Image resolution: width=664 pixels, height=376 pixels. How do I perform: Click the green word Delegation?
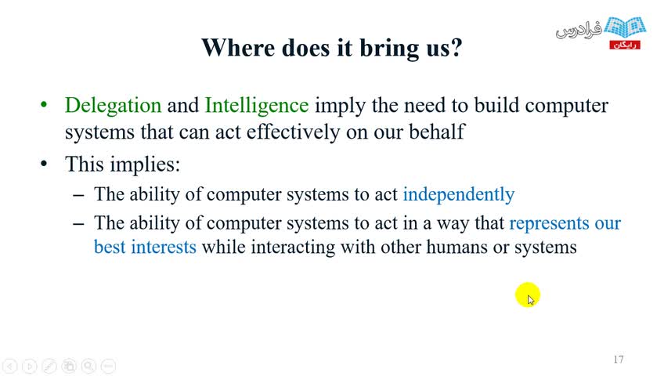pos(113,106)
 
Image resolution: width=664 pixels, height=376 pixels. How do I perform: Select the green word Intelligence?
pos(257,106)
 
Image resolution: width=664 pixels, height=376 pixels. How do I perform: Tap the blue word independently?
pos(459,195)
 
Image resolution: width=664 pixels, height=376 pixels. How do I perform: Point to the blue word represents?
pos(549,223)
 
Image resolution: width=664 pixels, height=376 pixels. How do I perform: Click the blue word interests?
pos(164,247)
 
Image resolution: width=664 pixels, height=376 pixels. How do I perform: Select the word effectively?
pos(293,132)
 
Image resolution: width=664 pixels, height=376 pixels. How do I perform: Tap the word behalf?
pos(437,132)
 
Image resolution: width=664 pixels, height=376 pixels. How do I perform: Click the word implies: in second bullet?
pos(146,165)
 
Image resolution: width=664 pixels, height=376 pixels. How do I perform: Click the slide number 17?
pos(619,360)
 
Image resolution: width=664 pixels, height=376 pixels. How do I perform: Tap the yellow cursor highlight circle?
pos(528,295)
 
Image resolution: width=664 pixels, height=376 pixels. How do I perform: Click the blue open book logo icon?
pos(625,27)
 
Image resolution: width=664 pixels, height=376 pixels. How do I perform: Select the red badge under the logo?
pos(625,45)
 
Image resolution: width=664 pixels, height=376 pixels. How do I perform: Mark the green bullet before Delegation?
pos(44,104)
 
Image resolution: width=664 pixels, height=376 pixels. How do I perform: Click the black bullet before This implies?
pos(44,164)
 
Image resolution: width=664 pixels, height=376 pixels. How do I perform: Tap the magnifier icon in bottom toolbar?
pos(88,366)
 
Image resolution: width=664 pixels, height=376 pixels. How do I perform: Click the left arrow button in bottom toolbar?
pos(10,366)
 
